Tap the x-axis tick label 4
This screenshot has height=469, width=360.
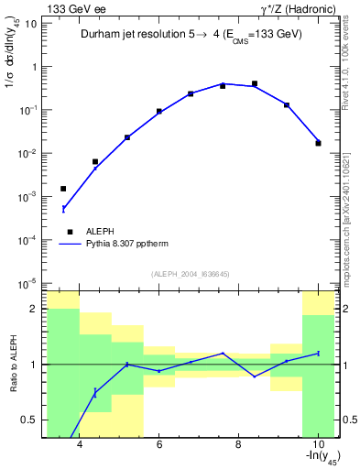(81, 445)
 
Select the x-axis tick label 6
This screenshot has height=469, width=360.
(159, 445)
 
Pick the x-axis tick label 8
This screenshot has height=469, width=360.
(238, 445)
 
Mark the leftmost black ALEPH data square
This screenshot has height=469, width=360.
(63, 189)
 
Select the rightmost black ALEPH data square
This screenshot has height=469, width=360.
(318, 143)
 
